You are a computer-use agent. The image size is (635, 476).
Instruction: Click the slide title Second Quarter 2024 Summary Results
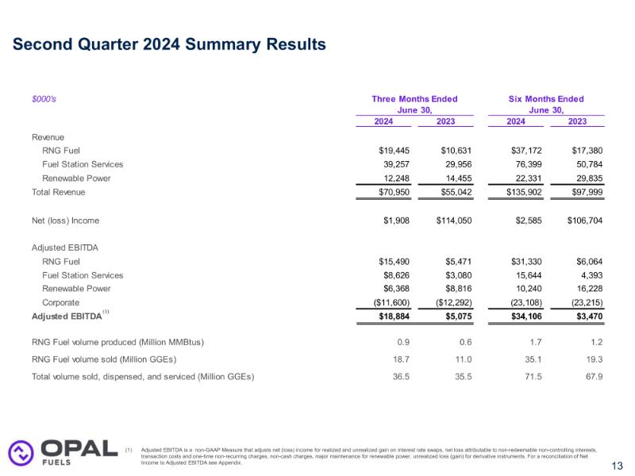click(169, 44)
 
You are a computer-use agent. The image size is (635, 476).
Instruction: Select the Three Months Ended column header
click(414, 99)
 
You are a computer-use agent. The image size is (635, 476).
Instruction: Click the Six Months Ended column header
click(546, 99)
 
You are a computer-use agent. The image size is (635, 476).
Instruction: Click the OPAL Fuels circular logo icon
click(20, 452)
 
